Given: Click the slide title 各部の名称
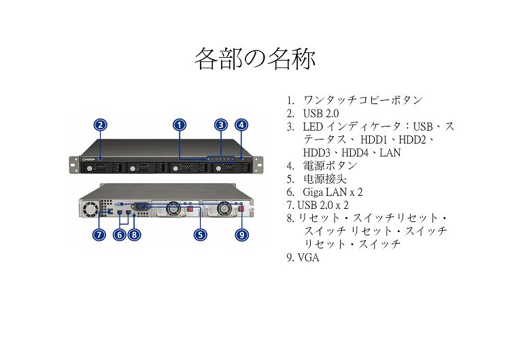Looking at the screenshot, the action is [x=255, y=59].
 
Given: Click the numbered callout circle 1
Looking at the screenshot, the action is [x=180, y=125].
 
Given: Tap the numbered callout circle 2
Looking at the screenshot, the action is [x=101, y=125].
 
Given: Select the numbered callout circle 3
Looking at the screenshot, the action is [x=221, y=125].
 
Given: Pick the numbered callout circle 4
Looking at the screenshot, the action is [x=241, y=125].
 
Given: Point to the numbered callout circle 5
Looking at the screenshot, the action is [x=201, y=235].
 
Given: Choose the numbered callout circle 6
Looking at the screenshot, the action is [x=120, y=235].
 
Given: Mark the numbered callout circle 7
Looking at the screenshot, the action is [x=99, y=235].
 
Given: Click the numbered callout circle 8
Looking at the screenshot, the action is [x=135, y=235].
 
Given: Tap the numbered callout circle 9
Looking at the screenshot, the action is [x=241, y=235].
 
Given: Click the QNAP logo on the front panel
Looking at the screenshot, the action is [x=88, y=159].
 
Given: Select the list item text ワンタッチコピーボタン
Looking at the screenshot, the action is [x=362, y=100].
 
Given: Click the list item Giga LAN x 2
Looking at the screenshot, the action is [x=333, y=192].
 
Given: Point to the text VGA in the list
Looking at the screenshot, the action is [x=308, y=257].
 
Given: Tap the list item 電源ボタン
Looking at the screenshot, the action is [x=330, y=165].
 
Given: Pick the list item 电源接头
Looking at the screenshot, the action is [x=325, y=179].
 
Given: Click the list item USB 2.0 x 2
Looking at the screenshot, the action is [x=323, y=205].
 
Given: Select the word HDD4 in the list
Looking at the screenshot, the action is [x=355, y=152].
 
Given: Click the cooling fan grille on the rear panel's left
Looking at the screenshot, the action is [x=90, y=209].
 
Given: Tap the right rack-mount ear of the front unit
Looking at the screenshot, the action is [x=258, y=165].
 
